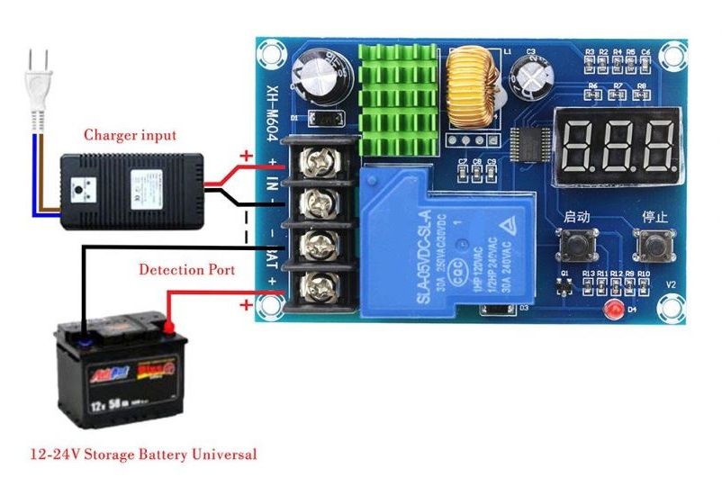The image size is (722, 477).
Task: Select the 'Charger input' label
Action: point(130,136)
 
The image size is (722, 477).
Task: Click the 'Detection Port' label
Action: point(187,269)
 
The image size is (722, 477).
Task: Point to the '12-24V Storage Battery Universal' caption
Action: point(143,454)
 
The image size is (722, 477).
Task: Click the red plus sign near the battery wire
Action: point(246,305)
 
